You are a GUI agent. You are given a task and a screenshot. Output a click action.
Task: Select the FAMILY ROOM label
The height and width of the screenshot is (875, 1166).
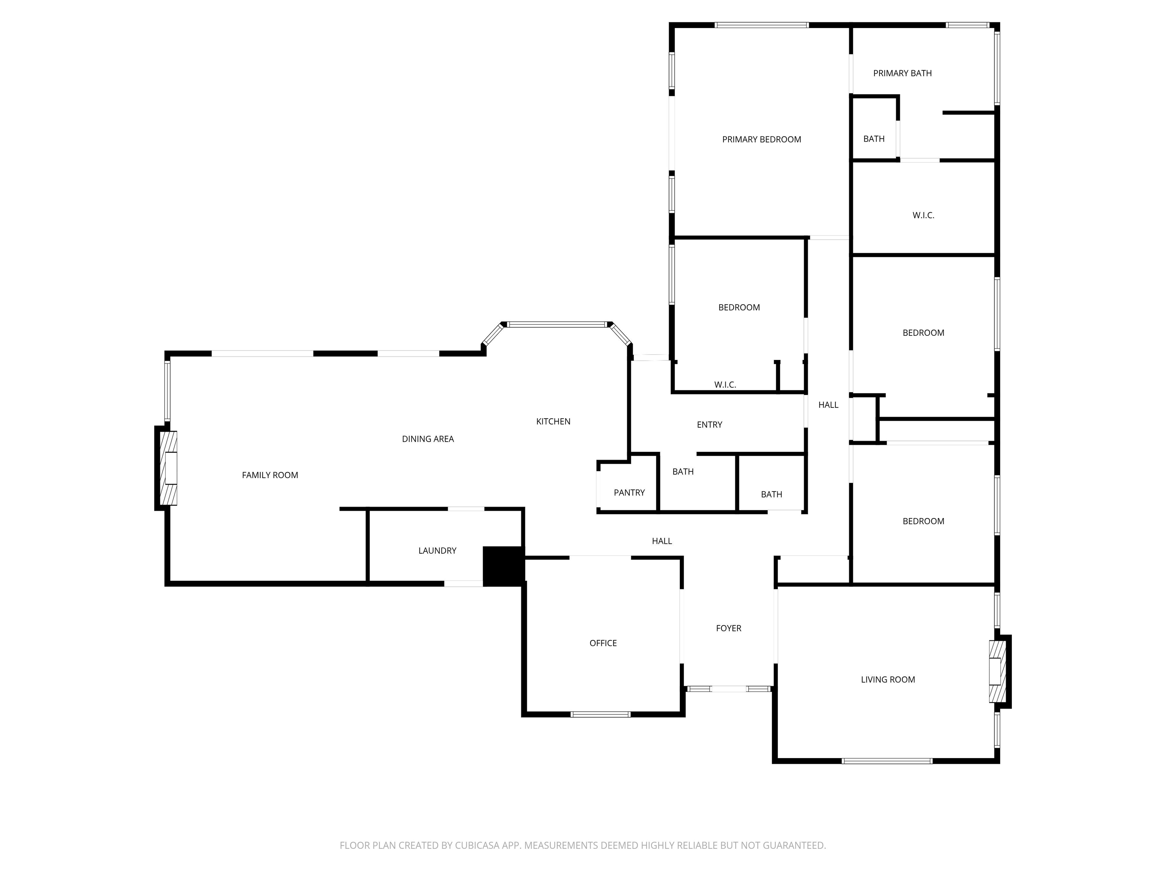[x=270, y=475]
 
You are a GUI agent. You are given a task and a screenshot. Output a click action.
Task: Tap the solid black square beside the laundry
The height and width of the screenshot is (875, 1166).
[x=503, y=566]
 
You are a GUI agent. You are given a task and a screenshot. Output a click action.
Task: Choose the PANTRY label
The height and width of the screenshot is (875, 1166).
[x=629, y=493]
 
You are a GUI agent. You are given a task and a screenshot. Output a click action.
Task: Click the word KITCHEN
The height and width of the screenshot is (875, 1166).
[x=553, y=422]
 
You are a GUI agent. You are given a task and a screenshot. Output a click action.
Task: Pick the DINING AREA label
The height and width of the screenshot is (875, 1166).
[x=427, y=439]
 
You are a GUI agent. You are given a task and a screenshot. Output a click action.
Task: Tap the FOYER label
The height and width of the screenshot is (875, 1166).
[x=728, y=628]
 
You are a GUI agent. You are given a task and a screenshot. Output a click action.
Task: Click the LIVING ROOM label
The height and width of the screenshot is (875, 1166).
[x=888, y=680]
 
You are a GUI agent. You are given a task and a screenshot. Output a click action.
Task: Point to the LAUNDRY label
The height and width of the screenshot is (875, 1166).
[x=437, y=551]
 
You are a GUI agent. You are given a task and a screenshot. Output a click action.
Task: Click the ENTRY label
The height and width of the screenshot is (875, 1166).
[x=709, y=425]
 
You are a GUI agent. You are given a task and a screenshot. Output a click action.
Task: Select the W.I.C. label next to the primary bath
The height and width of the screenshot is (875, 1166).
[x=923, y=215]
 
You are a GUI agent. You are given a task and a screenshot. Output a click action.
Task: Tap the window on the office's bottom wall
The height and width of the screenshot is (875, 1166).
[x=600, y=715]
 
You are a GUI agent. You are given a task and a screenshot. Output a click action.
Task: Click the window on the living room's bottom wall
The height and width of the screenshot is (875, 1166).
[x=887, y=761]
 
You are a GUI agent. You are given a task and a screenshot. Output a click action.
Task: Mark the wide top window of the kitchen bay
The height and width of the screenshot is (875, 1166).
[x=557, y=324]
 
